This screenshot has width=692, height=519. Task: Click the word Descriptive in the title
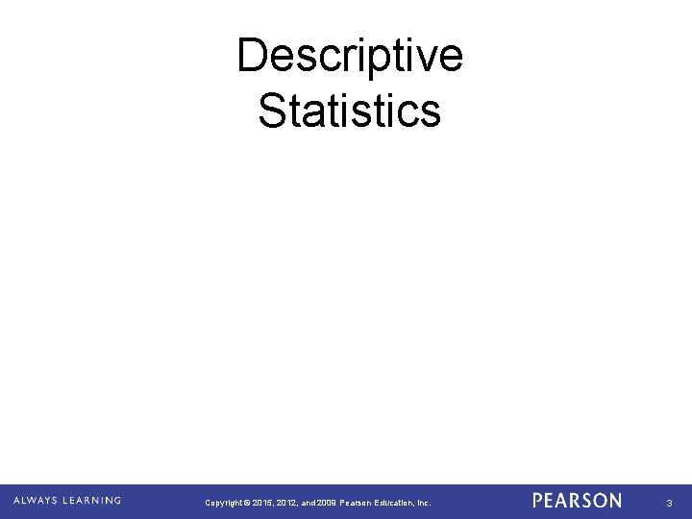[x=350, y=56]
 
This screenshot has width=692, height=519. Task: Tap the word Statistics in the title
[x=350, y=110]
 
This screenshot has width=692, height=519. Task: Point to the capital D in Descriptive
[x=252, y=56]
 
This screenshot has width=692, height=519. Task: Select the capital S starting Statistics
[x=272, y=110]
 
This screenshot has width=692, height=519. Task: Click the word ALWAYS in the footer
[x=36, y=500]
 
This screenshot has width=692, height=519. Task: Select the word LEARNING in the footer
[x=92, y=500]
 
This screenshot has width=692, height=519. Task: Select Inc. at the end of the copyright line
[x=423, y=503]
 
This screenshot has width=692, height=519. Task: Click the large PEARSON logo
[x=576, y=501]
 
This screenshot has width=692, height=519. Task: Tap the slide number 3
[x=669, y=502]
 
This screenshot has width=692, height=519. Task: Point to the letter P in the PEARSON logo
[x=538, y=501]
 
